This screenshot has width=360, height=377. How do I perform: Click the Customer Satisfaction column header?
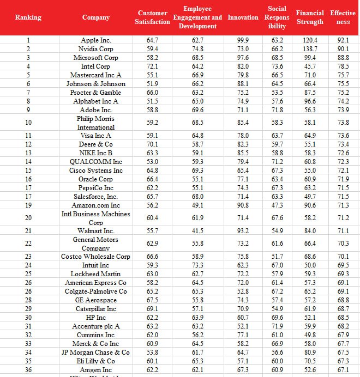152,17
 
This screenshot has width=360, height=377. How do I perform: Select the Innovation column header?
243,17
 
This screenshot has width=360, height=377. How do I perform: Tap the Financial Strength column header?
310,17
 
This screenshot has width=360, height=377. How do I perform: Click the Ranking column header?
28,17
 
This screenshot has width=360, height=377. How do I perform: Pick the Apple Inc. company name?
95,40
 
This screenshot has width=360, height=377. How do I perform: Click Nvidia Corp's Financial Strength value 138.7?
310,48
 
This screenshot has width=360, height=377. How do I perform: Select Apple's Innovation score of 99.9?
243,40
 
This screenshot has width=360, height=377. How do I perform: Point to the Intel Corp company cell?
95,66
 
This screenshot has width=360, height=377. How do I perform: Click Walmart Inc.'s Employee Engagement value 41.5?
197,231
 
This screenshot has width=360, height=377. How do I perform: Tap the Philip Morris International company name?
95,123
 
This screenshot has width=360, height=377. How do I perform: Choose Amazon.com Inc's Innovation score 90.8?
243,205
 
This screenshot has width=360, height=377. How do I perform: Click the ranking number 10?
28,123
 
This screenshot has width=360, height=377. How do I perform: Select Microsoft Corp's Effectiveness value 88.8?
343,58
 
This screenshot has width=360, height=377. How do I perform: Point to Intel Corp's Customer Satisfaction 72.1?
152,66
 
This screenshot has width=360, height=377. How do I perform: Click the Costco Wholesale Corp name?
95,257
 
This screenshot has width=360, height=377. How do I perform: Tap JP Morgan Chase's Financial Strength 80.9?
310,352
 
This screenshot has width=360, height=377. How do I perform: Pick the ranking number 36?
28,370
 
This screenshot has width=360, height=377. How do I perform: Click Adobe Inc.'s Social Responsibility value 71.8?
277,110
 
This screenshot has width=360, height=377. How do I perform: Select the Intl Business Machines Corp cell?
95,218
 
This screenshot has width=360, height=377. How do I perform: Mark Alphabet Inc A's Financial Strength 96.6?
310,101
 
